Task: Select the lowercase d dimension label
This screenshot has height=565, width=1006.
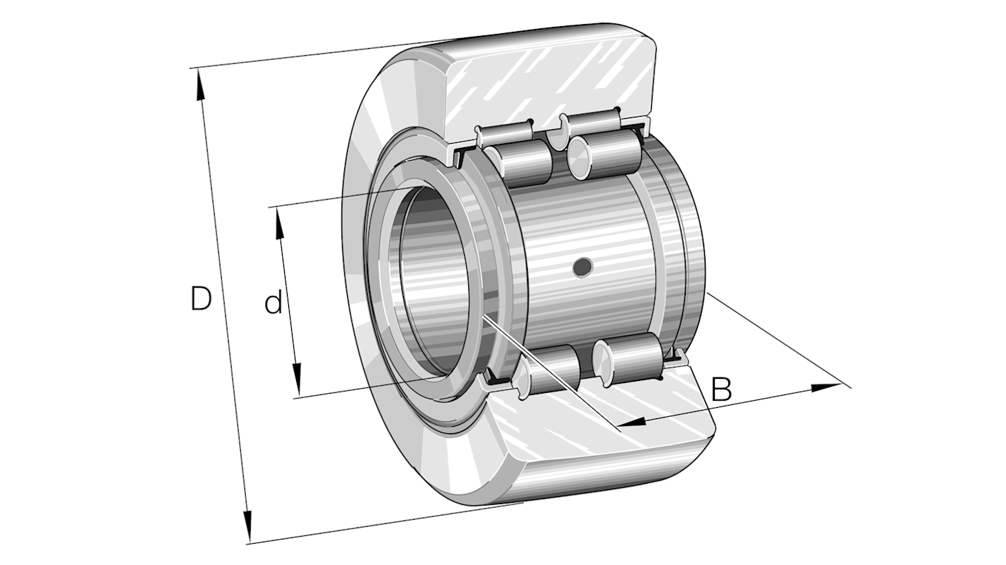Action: click(x=273, y=304)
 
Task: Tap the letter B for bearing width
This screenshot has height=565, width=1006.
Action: click(x=720, y=389)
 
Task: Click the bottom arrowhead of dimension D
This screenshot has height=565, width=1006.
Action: click(x=247, y=527)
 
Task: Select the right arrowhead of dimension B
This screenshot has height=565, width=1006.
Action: click(x=825, y=388)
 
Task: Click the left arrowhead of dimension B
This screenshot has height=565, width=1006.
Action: click(x=632, y=422)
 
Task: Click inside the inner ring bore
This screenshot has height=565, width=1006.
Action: click(x=432, y=283)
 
